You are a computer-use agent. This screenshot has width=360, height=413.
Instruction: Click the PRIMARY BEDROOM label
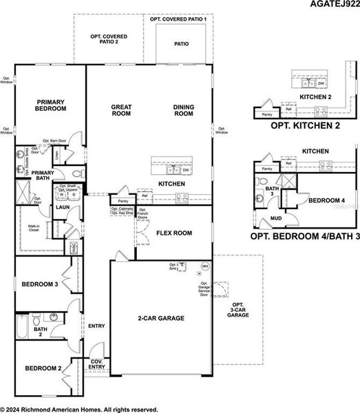(51, 105)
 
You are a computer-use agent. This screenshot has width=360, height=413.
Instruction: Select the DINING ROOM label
(184, 110)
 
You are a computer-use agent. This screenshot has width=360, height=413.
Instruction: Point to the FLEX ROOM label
(173, 233)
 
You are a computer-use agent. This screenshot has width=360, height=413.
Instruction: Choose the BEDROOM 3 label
(39, 284)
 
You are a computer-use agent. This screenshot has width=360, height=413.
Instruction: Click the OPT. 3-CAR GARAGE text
(237, 309)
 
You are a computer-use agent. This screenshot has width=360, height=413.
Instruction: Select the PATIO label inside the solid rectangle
(181, 44)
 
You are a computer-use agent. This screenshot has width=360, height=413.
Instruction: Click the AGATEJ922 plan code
(331, 6)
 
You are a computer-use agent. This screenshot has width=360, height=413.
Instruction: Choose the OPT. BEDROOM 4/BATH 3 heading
(304, 236)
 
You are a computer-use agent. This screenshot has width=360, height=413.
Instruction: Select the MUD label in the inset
(276, 218)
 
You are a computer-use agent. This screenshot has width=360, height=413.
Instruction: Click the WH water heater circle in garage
(204, 266)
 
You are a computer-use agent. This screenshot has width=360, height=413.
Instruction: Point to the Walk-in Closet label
(33, 229)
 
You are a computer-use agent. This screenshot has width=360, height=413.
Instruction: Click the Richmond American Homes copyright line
(79, 408)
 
